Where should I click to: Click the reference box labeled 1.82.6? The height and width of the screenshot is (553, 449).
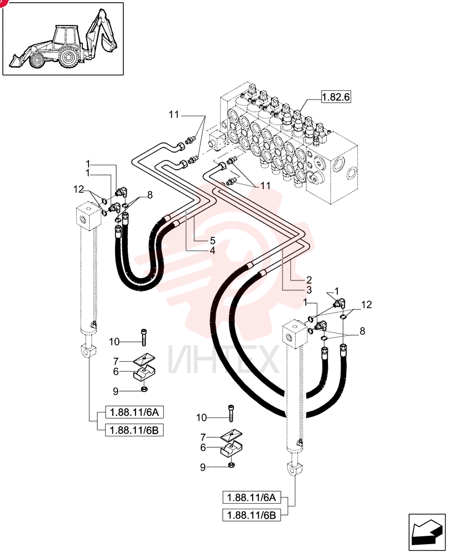(x=336, y=97)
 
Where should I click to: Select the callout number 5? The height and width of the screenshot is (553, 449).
(x=212, y=241)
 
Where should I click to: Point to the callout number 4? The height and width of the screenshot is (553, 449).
(x=212, y=251)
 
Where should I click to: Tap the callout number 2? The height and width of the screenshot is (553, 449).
(x=309, y=280)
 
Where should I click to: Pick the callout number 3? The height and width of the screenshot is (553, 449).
(x=309, y=290)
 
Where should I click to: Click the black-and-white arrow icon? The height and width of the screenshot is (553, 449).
(x=427, y=532)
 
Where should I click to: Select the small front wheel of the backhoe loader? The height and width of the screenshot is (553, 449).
(x=36, y=60)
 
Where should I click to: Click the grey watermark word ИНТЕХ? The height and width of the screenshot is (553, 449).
(x=223, y=359)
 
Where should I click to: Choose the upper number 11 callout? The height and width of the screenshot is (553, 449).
(x=174, y=115)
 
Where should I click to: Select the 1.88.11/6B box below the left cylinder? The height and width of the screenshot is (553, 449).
(x=134, y=430)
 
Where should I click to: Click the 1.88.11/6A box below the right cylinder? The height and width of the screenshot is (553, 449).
(x=252, y=498)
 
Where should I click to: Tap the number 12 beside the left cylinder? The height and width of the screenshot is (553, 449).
(x=79, y=189)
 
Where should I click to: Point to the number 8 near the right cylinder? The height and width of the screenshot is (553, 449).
(x=362, y=331)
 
